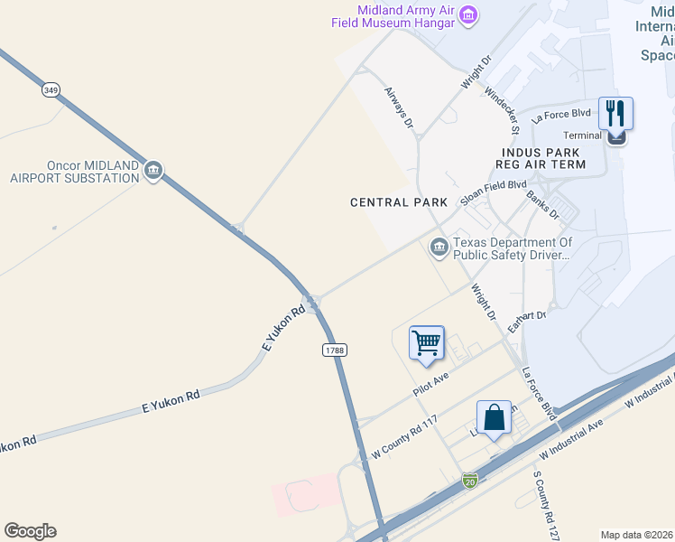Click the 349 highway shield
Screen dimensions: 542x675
(x=51, y=91)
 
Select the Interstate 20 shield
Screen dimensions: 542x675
(x=469, y=481)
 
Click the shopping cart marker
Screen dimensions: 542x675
(x=426, y=343)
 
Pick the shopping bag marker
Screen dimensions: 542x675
(x=494, y=418)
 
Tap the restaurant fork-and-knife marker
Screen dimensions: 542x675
(x=615, y=114)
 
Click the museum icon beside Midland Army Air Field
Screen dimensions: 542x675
(x=468, y=15)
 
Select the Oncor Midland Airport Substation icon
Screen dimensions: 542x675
(x=153, y=171)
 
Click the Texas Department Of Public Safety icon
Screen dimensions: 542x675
(x=439, y=247)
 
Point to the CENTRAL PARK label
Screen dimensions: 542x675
(x=399, y=202)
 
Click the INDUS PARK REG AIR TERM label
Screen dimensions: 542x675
(x=541, y=158)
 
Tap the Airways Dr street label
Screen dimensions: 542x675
(x=398, y=107)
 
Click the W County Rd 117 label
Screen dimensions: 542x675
(x=404, y=438)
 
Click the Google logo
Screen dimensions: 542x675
(x=30, y=531)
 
